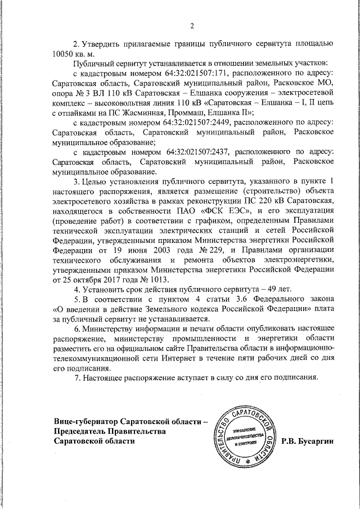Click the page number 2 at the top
(x=191, y=25)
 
